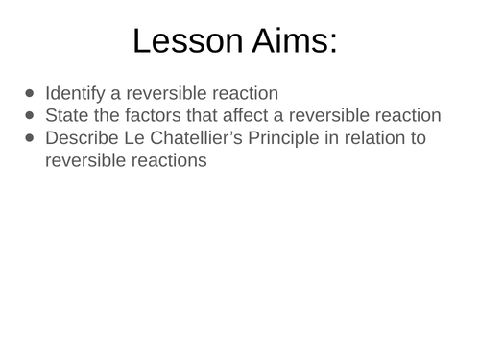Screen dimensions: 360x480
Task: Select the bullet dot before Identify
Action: pos(29,93)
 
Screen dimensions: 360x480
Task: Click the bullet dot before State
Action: pos(29,115)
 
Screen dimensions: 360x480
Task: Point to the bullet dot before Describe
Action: pos(29,137)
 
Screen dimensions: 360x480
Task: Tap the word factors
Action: pos(150,115)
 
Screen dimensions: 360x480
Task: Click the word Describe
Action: pos(81,137)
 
